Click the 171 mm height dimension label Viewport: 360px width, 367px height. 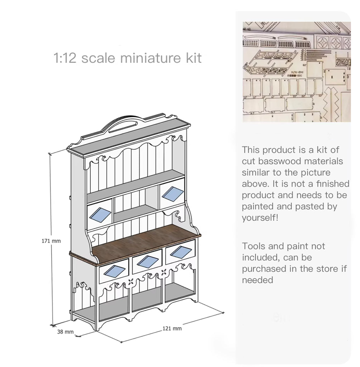[51, 241]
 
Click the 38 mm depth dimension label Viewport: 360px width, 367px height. [65, 332]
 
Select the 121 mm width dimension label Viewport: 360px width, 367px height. [172, 328]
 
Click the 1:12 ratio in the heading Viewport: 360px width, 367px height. [65, 58]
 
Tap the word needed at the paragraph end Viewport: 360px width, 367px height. [257, 280]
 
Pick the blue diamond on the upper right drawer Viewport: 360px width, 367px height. [172, 194]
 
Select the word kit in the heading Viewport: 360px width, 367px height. [193, 58]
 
